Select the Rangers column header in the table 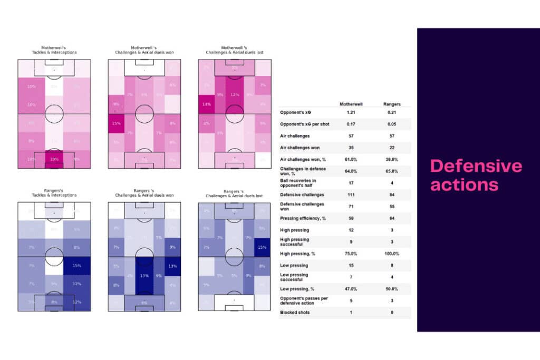pos(392,104)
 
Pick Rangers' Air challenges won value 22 pos(392,148)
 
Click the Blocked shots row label pos(295,313)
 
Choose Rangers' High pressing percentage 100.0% pos(392,254)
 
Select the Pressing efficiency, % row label pos(304,218)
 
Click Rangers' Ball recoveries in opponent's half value pos(392,183)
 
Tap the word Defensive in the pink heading pos(476,166)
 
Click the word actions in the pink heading pos(464,184)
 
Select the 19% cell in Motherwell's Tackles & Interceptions pos(54,159)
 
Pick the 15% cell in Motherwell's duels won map pos(116,123)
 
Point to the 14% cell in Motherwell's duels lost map pos(207,105)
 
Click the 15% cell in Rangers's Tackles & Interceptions pos(76,266)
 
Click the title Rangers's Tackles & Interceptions pos(54,193)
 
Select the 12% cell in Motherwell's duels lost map pos(236,95)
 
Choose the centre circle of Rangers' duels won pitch pos(144,257)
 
